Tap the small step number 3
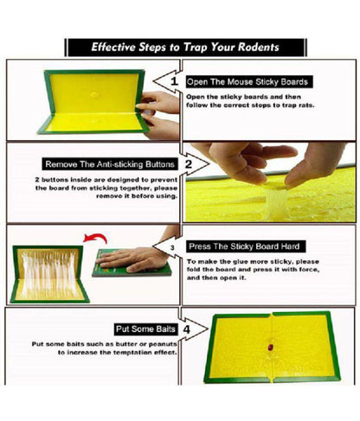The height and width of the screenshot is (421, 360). (x=172, y=247)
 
